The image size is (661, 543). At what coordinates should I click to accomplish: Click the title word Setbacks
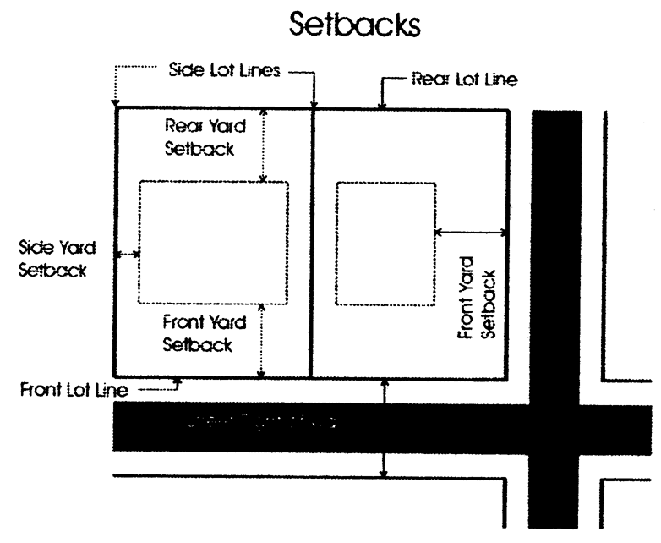click(x=354, y=24)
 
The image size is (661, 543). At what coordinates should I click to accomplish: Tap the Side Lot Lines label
click(x=223, y=71)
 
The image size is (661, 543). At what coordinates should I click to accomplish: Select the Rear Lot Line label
click(x=464, y=80)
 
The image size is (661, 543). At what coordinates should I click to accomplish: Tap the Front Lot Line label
click(x=74, y=390)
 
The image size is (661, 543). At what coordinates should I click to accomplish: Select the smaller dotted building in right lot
click(x=385, y=243)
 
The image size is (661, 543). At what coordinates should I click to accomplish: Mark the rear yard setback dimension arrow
click(x=264, y=145)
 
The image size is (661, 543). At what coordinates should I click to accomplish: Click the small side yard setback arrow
click(x=128, y=254)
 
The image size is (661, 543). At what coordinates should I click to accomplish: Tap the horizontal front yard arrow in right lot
click(x=470, y=232)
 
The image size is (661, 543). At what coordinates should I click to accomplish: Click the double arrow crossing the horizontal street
click(x=385, y=428)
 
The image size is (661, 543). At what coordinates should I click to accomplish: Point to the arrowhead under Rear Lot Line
click(x=382, y=104)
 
